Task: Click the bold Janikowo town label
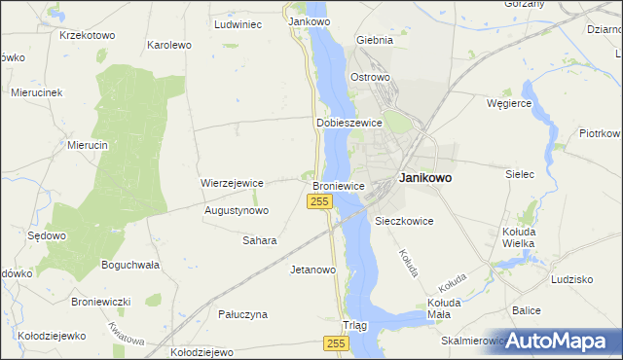(424, 179)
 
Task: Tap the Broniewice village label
(338, 185)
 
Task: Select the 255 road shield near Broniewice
(320, 201)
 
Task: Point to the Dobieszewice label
(348, 124)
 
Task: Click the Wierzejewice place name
(233, 183)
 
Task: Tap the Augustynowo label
(237, 210)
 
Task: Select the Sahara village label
(260, 240)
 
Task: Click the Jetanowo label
(312, 270)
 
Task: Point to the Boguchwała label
(129, 265)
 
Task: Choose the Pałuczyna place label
(242, 314)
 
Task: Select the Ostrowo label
(370, 76)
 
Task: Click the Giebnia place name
(375, 41)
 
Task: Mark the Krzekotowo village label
(87, 35)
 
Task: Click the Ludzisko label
(571, 279)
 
